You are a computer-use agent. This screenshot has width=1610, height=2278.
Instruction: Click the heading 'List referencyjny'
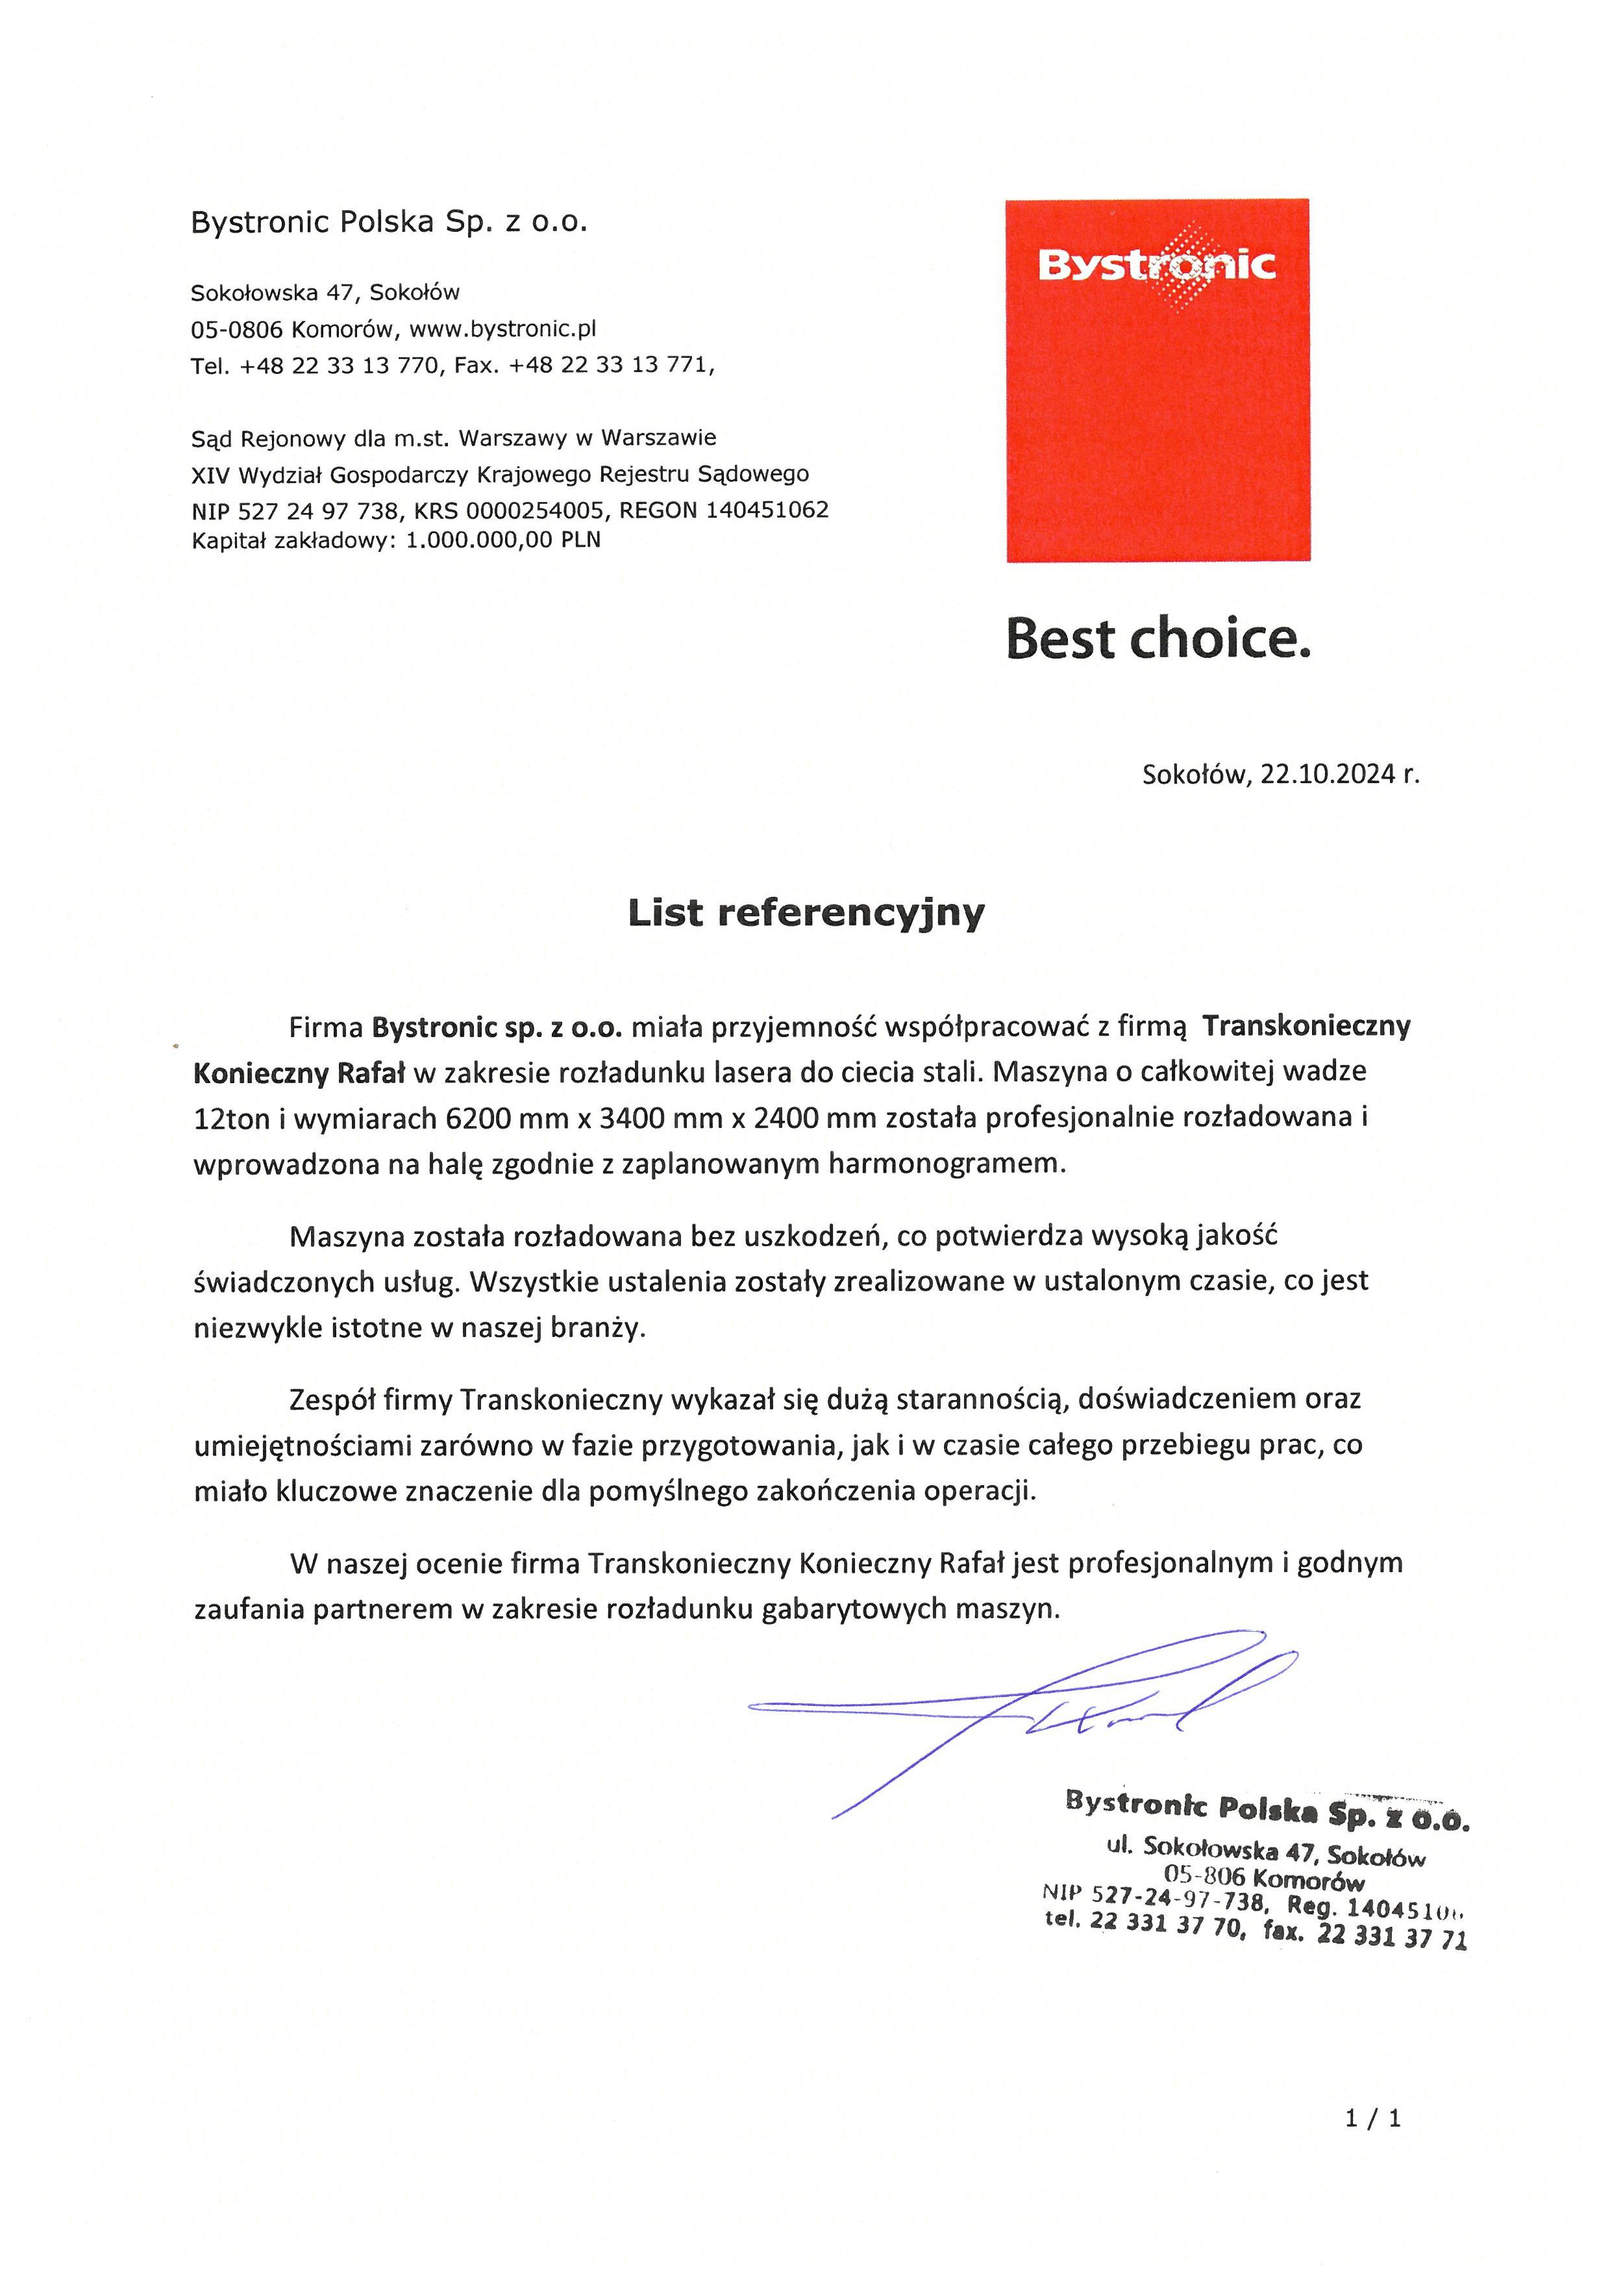806,913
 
